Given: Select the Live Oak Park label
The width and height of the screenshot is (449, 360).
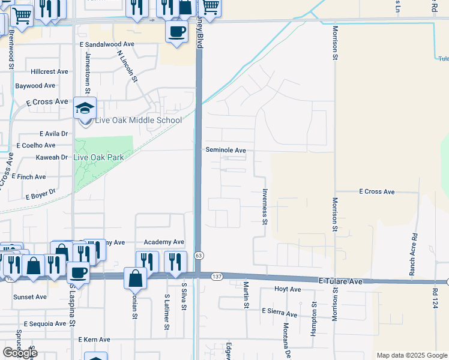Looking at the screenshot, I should (x=98, y=157).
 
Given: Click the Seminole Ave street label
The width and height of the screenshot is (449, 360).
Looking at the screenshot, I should (x=226, y=150).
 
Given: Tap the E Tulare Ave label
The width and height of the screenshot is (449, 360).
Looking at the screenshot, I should (x=340, y=281).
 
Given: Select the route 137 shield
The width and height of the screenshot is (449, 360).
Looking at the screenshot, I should (x=217, y=276).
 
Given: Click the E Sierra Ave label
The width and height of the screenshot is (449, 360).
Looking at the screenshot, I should (x=279, y=313).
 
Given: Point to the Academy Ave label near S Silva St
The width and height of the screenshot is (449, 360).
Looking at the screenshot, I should (x=163, y=242).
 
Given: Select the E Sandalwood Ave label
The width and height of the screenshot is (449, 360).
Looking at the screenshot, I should (x=107, y=44).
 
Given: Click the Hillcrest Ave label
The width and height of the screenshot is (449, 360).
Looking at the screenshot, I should (x=51, y=71).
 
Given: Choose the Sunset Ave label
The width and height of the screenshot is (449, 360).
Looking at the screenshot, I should (x=31, y=296).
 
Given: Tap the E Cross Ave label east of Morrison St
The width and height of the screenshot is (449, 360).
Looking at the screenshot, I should (x=376, y=191).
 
